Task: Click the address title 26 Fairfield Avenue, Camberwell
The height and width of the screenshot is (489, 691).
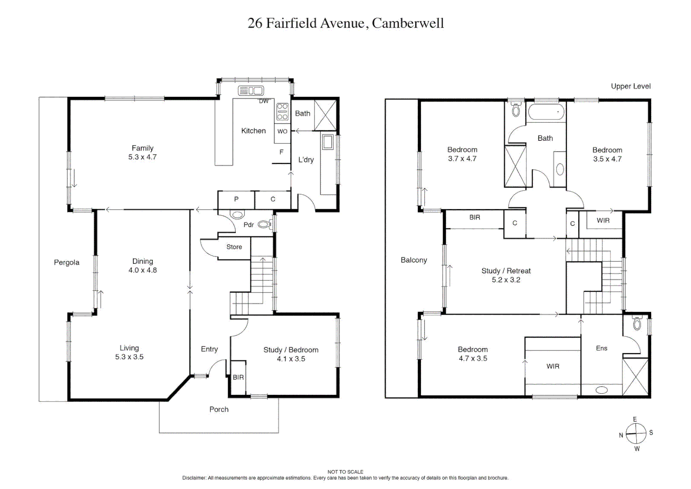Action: (345, 23)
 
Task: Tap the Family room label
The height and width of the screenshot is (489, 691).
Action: (142, 148)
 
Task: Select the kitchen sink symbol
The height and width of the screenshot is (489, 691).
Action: (251, 91)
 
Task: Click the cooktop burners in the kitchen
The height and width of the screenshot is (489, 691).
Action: (282, 112)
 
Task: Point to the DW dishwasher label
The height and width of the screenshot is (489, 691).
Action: (264, 101)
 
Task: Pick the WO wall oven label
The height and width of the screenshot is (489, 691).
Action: (282, 131)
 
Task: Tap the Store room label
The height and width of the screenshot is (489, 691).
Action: (234, 247)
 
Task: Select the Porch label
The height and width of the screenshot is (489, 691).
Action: (219, 409)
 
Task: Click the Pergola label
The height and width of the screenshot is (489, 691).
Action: (67, 262)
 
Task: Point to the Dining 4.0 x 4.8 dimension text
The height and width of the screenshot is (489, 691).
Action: (143, 270)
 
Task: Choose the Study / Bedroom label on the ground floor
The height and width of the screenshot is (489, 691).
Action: (291, 350)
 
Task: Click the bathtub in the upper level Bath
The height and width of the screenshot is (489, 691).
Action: (546, 113)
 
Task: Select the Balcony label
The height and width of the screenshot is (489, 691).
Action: (414, 260)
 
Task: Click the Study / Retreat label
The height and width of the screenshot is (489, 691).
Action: (506, 271)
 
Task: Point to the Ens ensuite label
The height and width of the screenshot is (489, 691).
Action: (601, 348)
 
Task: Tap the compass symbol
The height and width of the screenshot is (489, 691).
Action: (635, 433)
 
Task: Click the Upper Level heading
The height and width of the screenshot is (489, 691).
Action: (630, 86)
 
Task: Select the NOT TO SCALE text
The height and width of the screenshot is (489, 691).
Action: (345, 472)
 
